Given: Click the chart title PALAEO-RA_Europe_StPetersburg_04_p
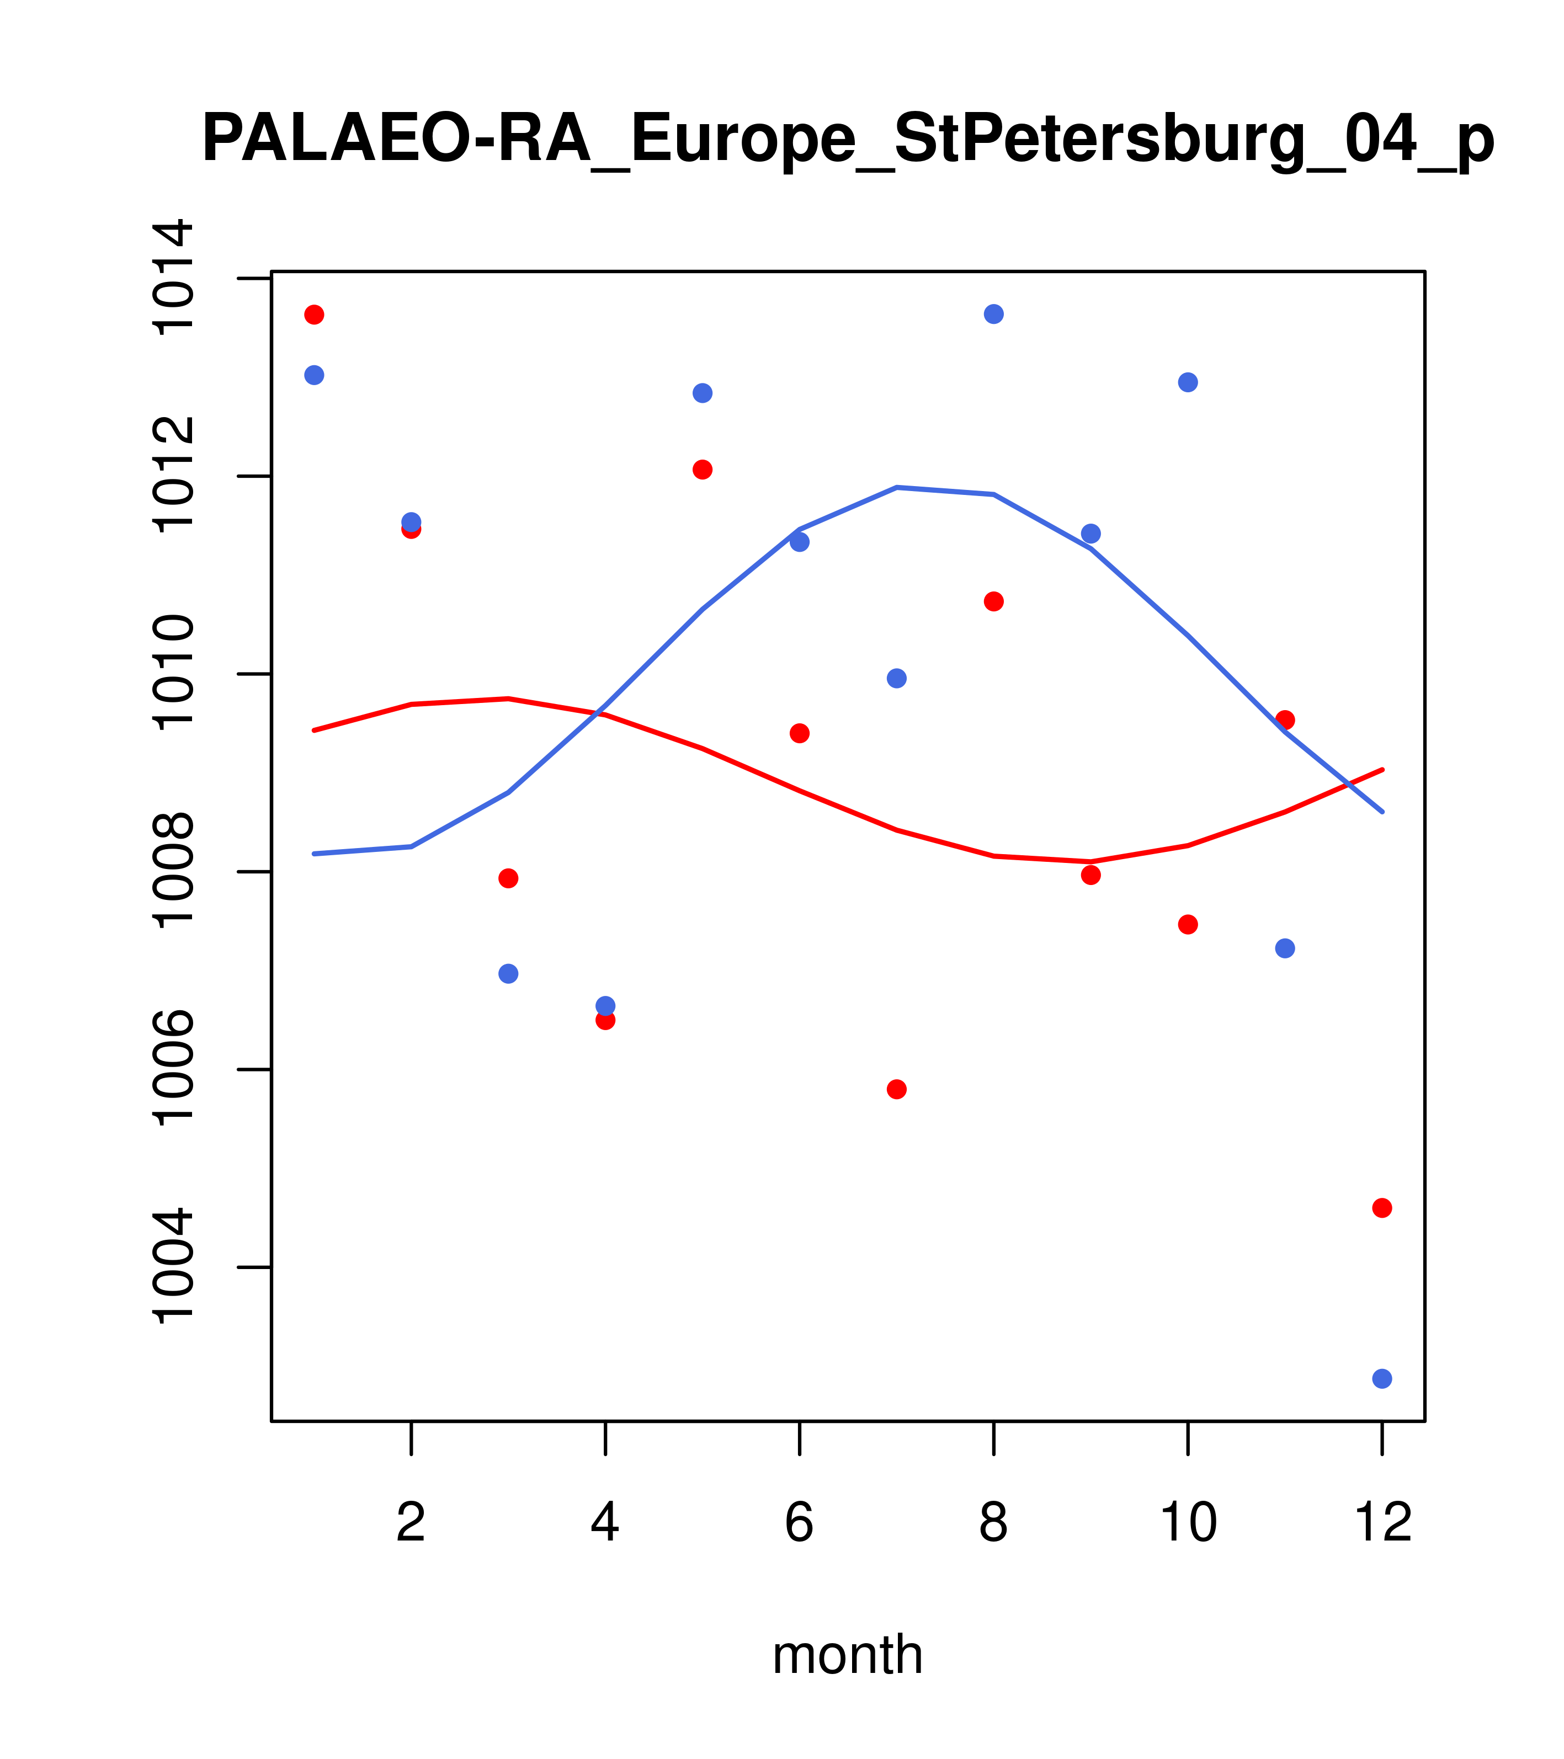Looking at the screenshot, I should click(848, 140).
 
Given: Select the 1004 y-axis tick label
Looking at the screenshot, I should click(172, 1267).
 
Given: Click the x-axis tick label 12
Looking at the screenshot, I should click(1382, 1523).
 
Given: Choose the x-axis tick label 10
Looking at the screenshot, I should click(1188, 1523).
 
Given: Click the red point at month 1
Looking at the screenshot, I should click(314, 314).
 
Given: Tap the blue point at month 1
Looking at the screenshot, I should click(314, 375).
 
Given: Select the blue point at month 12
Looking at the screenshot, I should click(1382, 1379).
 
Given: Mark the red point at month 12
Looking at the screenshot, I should click(1382, 1208).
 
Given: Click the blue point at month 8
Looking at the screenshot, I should click(993, 314).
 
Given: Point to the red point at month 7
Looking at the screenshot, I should click(896, 1090).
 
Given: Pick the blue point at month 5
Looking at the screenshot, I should click(703, 393).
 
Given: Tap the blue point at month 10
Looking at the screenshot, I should click(1188, 382).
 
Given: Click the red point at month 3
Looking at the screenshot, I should click(509, 878).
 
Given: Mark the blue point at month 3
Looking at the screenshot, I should click(509, 973).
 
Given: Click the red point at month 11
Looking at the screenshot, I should click(1285, 719).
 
